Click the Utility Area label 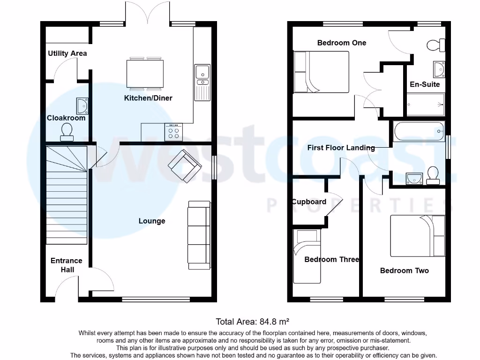pos(67,53)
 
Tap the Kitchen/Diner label pos(148,98)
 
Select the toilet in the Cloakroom pos(67,132)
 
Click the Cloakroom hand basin pos(82,106)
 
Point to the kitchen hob pos(173,132)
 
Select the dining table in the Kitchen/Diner pos(145,74)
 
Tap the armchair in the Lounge pos(185,166)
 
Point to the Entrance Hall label pos(66,265)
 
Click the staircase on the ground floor pos(67,195)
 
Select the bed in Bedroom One pos(321,72)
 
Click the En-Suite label pos(425,84)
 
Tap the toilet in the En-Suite pos(436,45)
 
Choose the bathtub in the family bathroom pos(419,132)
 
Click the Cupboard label pos(309,202)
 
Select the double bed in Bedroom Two pos(418,236)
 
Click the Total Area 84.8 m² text pos(252,322)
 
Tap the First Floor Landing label pos(341,148)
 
